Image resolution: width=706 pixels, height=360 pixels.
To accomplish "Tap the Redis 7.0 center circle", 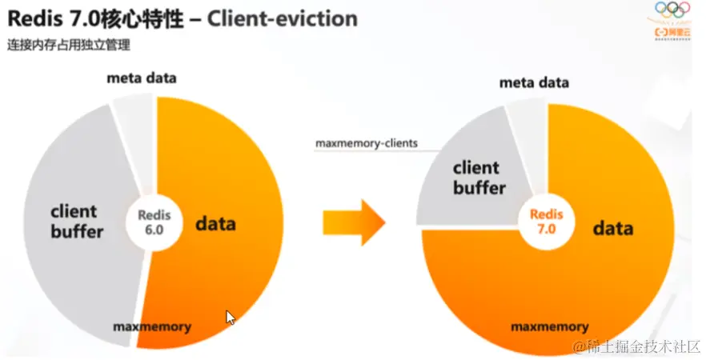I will click(x=547, y=220).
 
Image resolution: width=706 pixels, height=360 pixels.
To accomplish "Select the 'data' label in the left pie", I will click(x=215, y=222).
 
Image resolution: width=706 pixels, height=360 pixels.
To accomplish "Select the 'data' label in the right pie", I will click(x=613, y=229).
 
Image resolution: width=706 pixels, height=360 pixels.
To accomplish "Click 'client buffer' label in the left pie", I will click(x=77, y=222).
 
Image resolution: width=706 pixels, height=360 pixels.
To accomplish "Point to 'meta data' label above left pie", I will click(x=142, y=78).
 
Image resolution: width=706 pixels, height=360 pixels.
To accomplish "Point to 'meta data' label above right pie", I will click(x=534, y=82).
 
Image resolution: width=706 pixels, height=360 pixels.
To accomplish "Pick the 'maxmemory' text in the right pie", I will click(x=550, y=326).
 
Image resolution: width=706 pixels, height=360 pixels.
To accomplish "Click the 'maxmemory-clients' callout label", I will click(x=366, y=143).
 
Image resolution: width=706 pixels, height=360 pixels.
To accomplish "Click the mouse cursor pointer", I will click(x=231, y=318).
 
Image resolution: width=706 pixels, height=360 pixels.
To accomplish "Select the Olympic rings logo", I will click(x=672, y=11).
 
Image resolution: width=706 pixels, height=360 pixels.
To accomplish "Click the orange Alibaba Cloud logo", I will click(x=672, y=32).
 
